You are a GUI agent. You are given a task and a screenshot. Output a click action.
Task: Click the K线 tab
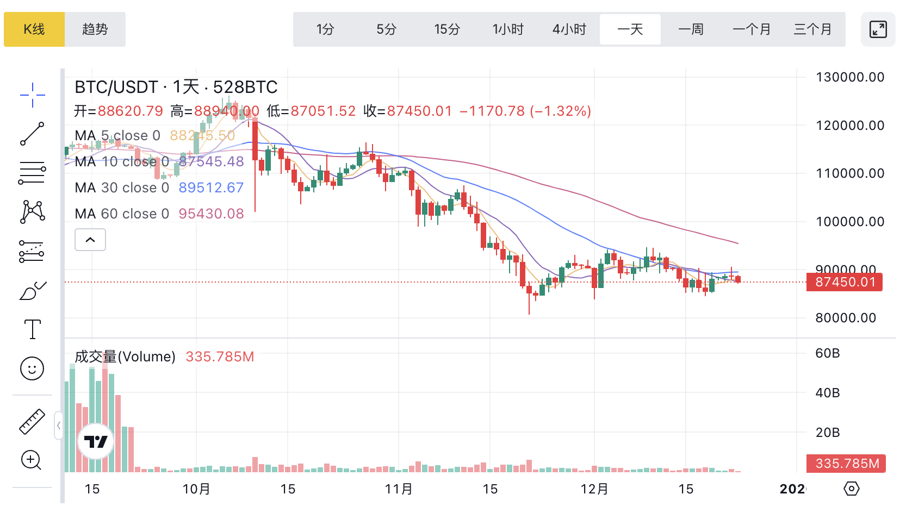pos(34,29)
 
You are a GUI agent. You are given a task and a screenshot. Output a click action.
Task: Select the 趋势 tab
pos(95,29)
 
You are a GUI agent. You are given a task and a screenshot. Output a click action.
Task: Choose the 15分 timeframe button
pos(447,29)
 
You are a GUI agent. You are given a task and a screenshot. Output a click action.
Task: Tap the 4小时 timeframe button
pos(569,29)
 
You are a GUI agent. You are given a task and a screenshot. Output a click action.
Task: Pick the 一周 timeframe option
pos(691,29)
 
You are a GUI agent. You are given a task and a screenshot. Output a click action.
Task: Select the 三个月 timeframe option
pos(812,29)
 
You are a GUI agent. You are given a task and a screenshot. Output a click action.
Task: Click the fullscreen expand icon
pos(878,29)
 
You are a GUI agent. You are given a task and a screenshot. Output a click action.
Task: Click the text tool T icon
pos(33,329)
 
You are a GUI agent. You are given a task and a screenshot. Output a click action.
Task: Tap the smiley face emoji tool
pos(32,368)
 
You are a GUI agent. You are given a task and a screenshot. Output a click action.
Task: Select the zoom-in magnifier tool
pos(32,460)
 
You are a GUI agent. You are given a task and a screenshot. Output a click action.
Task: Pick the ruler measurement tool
pos(32,422)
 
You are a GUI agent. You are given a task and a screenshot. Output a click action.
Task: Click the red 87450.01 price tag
pos(845,282)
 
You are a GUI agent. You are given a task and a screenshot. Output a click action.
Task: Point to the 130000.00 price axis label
pos(850,77)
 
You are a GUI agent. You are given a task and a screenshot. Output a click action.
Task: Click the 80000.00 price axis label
pos(846,318)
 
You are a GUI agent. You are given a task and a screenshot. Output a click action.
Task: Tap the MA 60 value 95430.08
pos(211,214)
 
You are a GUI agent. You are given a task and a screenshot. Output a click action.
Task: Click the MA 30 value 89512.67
pos(211,187)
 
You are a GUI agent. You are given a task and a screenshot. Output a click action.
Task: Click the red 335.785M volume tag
pos(846,464)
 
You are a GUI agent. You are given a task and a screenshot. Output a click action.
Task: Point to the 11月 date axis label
pos(399,489)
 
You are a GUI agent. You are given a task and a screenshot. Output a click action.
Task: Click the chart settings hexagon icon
pos(852,489)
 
